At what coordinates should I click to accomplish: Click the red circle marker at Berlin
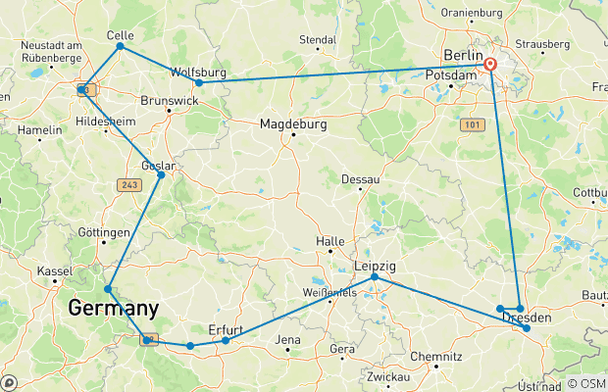[x=490, y=65]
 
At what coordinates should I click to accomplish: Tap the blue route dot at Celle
[x=120, y=46]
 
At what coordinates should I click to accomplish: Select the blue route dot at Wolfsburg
[x=199, y=82]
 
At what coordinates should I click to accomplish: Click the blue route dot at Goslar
[x=161, y=174]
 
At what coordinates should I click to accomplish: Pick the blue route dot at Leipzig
[x=375, y=277]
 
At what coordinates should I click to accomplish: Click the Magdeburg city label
[x=292, y=124]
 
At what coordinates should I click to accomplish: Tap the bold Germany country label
[x=113, y=309]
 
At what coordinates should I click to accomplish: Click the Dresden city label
[x=533, y=318]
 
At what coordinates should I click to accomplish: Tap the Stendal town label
[x=317, y=40]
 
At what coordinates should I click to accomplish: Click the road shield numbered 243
[x=127, y=183]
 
